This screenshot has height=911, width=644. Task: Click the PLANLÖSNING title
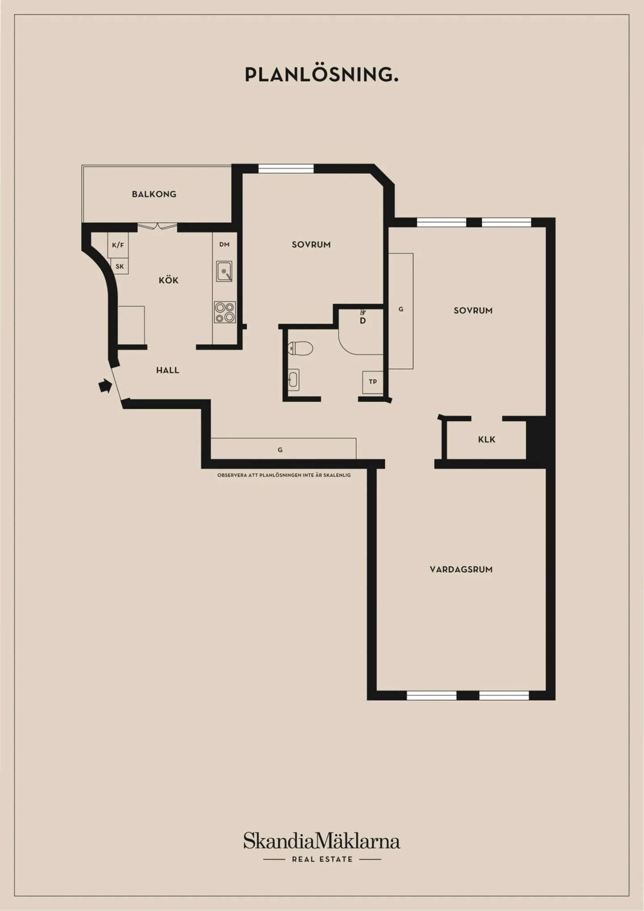pyautogui.click(x=322, y=74)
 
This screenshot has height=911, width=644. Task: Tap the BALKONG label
pyautogui.click(x=154, y=194)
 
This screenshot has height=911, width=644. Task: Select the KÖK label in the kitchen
pyautogui.click(x=169, y=280)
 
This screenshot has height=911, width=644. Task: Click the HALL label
pyautogui.click(x=168, y=370)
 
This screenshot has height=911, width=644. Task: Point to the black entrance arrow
pyautogui.click(x=105, y=385)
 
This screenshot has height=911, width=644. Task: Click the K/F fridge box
pyautogui.click(x=118, y=245)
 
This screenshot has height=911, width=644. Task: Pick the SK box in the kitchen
pyautogui.click(x=119, y=266)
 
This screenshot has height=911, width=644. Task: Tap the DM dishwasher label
pyautogui.click(x=225, y=244)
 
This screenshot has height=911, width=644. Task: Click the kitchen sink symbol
pyautogui.click(x=224, y=271)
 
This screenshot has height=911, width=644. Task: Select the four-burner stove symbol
pyautogui.click(x=225, y=312)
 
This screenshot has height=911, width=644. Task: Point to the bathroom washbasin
pyautogui.click(x=293, y=380)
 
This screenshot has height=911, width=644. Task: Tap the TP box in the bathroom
pyautogui.click(x=373, y=382)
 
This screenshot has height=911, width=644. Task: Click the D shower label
pyautogui.click(x=363, y=321)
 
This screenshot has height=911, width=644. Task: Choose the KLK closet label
pyautogui.click(x=487, y=439)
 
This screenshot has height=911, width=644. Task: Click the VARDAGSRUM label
pyautogui.click(x=461, y=569)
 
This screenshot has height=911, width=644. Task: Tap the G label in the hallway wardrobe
pyautogui.click(x=280, y=450)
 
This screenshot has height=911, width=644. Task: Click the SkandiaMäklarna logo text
pyautogui.click(x=322, y=841)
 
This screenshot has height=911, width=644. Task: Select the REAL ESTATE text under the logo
pyautogui.click(x=322, y=859)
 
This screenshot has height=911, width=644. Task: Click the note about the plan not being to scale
pyautogui.click(x=284, y=475)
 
